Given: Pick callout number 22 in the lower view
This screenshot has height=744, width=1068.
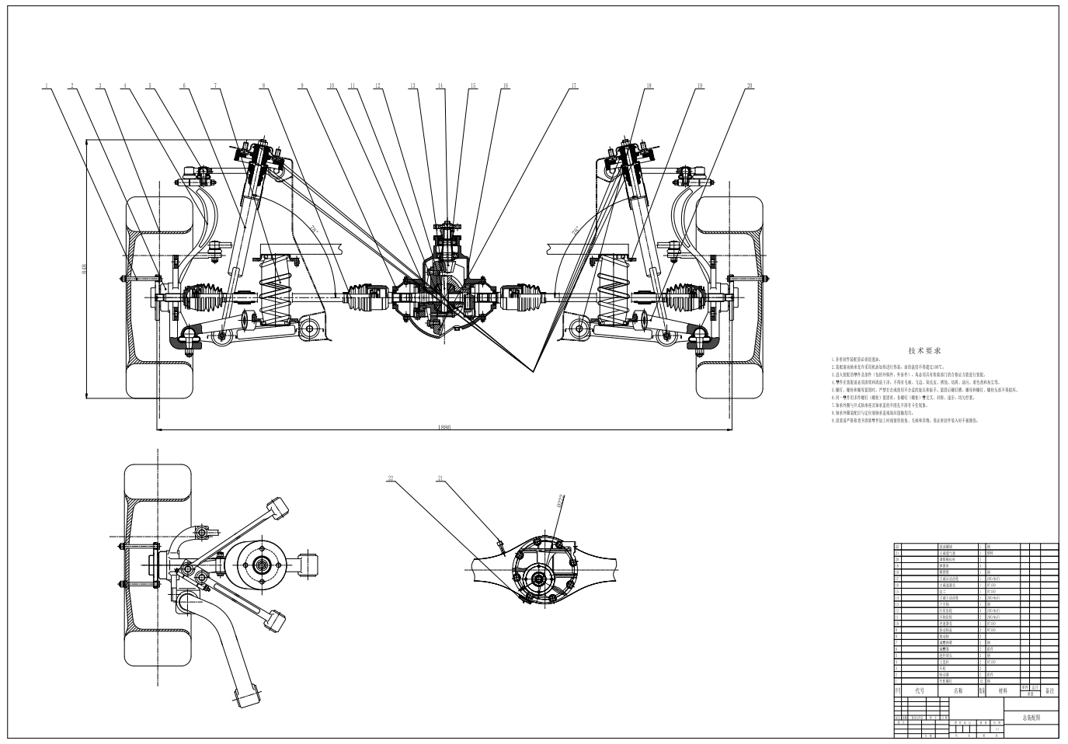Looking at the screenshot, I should (x=391, y=478).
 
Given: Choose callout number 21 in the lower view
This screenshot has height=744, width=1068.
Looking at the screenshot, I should (x=440, y=478).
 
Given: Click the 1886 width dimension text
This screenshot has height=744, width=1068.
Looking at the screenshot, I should (x=444, y=426).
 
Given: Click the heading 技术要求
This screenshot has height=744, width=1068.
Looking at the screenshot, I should (x=924, y=351).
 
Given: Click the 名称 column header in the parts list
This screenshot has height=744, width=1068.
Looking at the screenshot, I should (x=957, y=690).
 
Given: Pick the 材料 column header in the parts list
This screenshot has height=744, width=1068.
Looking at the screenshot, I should (x=1003, y=690).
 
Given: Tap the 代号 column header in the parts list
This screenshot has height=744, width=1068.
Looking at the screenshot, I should (x=920, y=690).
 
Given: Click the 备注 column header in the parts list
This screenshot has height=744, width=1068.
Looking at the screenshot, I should (x=1049, y=690).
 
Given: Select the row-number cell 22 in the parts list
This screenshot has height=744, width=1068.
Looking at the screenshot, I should (x=897, y=547).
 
